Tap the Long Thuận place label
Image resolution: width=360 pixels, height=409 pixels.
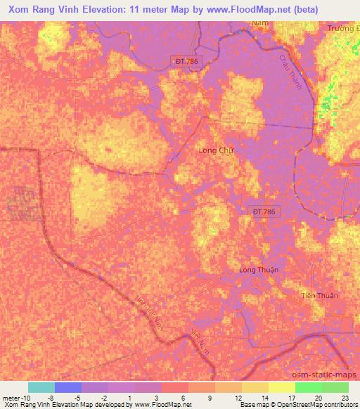pos(259,270)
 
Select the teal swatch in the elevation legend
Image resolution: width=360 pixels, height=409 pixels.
pos(41,387)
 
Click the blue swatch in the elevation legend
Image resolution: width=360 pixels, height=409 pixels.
pos(68,387)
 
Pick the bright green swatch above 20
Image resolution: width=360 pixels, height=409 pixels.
pos(309,387)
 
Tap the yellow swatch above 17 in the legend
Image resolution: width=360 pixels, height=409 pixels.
pos(282,387)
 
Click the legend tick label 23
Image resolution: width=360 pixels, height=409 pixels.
pos(345,397)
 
